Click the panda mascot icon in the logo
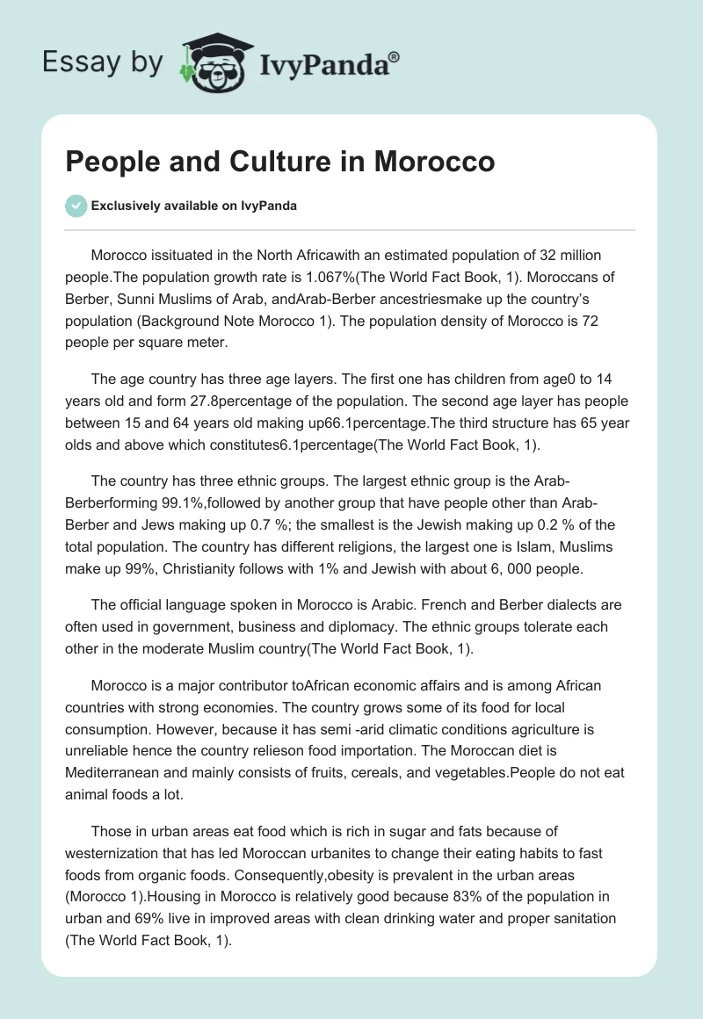click(x=209, y=62)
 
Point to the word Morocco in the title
click(x=431, y=163)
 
